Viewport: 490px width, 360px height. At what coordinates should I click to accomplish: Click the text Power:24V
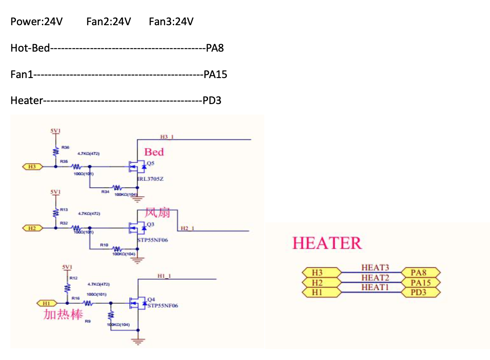tap(36, 21)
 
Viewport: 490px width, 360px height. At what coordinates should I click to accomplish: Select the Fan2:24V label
tap(109, 21)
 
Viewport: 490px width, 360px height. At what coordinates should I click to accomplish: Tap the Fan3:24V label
tap(171, 21)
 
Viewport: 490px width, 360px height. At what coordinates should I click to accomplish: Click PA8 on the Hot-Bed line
tap(215, 48)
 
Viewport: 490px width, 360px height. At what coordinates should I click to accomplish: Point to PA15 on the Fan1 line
tap(215, 75)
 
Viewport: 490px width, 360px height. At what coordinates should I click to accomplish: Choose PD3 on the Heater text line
tap(212, 101)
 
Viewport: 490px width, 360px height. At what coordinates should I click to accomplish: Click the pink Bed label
tap(154, 152)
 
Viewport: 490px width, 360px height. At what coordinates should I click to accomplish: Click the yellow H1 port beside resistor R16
tap(47, 303)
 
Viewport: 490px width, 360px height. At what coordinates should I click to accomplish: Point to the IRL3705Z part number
tap(150, 179)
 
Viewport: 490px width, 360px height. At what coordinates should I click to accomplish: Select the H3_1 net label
tap(167, 136)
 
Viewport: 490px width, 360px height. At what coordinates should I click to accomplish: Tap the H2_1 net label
tap(187, 228)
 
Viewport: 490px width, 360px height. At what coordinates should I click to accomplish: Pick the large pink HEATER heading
tap(327, 243)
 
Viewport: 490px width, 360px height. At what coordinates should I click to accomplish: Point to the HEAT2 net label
tap(375, 277)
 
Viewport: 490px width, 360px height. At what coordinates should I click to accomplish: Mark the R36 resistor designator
tap(65, 147)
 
